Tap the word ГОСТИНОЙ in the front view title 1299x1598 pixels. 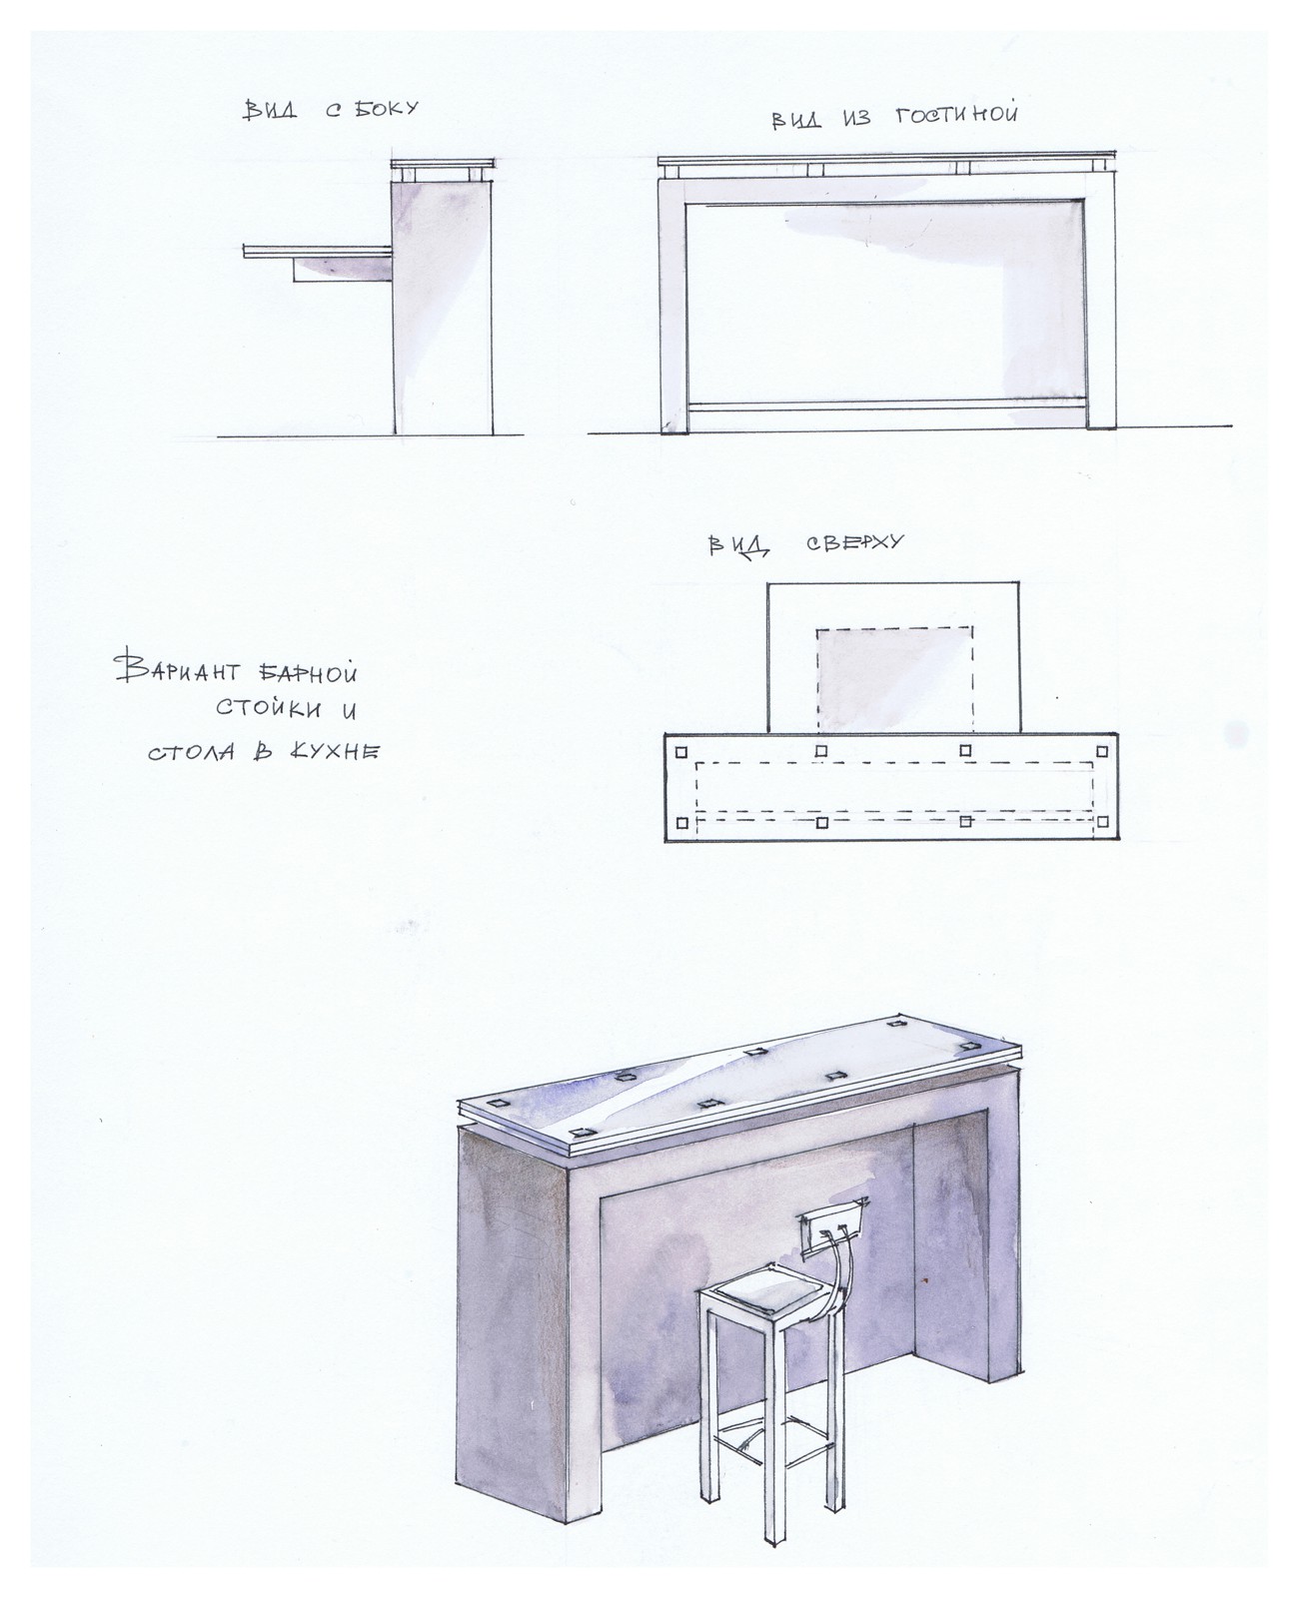(957, 116)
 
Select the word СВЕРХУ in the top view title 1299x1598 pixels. (854, 541)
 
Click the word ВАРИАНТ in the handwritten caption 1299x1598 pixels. (176, 667)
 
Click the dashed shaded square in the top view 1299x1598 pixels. (895, 680)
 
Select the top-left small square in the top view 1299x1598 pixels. (681, 752)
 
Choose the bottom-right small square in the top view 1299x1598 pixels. (1101, 822)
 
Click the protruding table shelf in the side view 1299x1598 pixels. (318, 252)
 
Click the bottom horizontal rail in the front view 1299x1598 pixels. (887, 405)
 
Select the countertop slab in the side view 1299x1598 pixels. (442, 164)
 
